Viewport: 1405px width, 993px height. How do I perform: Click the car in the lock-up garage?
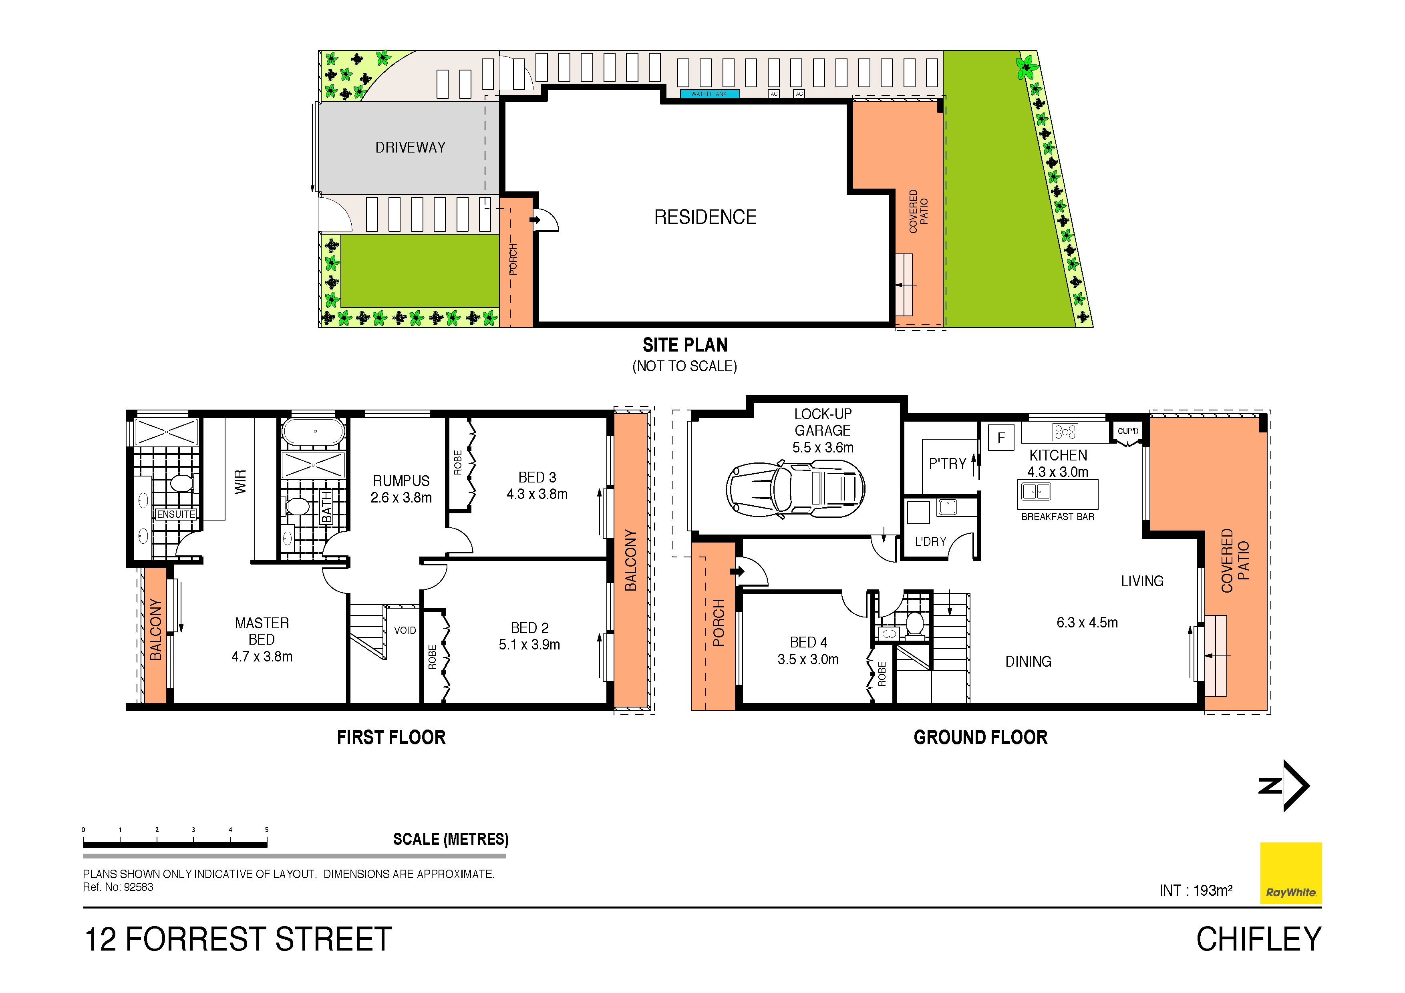pos(795,489)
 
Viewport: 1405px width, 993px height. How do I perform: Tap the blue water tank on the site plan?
pos(710,94)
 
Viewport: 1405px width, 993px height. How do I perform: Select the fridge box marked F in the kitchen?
pos(1001,438)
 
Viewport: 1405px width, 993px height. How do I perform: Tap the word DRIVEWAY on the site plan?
pos(410,147)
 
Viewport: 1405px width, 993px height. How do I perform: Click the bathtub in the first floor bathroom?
pos(313,431)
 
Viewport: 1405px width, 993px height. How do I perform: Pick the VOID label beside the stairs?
pos(405,630)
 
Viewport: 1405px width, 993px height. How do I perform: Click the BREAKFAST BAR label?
pos(1057,517)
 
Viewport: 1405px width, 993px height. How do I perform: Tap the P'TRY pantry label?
pos(947,464)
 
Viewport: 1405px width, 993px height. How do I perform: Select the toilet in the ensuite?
pos(181,483)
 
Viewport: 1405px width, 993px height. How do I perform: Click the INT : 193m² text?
pos(1196,891)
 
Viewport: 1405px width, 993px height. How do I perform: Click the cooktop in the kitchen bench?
pos(1065,432)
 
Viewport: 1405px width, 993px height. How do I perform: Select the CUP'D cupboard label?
pos(1128,431)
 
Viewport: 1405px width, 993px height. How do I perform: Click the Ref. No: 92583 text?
pos(118,887)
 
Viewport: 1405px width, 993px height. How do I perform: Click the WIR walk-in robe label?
pos(240,482)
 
